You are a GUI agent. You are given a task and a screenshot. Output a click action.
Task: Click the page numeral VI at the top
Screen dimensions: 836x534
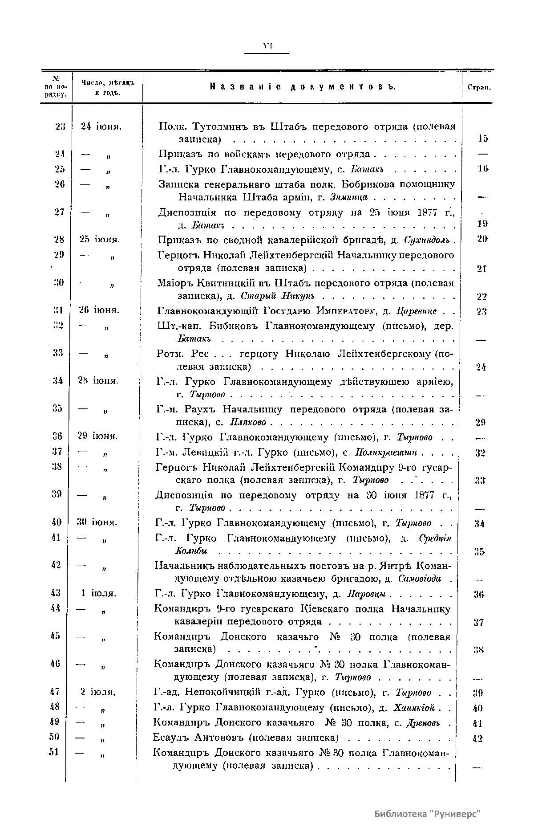pos(267,45)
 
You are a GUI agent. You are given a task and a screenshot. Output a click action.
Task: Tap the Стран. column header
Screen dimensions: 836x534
pos(479,87)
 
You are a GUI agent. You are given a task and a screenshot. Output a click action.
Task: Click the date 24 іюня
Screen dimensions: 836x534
pos(101,126)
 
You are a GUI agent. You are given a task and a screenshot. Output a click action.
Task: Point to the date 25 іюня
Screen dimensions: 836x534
pos(100,240)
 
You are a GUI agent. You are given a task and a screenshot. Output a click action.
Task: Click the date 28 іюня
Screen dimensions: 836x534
pos(99,381)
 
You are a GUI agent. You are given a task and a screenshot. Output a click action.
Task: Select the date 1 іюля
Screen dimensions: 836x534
pos(99,594)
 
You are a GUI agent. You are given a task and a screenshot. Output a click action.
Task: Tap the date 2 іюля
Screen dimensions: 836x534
pos(98,693)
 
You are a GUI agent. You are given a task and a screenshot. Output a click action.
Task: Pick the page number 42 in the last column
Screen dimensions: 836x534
pos(477,738)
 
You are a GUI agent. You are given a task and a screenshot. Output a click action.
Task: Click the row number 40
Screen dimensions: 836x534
pos(56,522)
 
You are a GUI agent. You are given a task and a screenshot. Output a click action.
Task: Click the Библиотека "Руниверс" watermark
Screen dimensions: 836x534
pos(428,814)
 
